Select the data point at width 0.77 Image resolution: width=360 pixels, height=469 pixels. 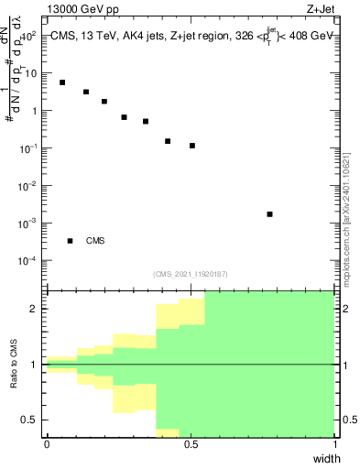(x=269, y=214)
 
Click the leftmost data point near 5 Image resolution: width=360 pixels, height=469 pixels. (x=62, y=82)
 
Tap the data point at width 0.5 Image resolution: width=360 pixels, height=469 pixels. (x=192, y=146)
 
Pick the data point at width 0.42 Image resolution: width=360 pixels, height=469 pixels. (x=168, y=141)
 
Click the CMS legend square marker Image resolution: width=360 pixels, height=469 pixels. (x=70, y=241)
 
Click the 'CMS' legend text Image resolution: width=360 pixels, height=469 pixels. (x=95, y=241)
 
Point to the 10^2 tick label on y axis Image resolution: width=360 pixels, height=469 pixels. (x=28, y=36)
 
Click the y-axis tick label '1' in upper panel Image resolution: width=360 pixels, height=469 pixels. (x=34, y=111)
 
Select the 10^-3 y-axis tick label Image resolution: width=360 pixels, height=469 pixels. (x=27, y=224)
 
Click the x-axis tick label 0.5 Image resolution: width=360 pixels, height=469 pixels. (x=191, y=443)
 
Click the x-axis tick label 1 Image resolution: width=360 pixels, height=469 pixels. (x=334, y=443)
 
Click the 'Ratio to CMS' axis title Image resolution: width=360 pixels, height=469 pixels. (x=16, y=364)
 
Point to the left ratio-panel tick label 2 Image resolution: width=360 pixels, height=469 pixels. (x=34, y=309)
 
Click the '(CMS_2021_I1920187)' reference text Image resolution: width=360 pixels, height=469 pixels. (x=190, y=273)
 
